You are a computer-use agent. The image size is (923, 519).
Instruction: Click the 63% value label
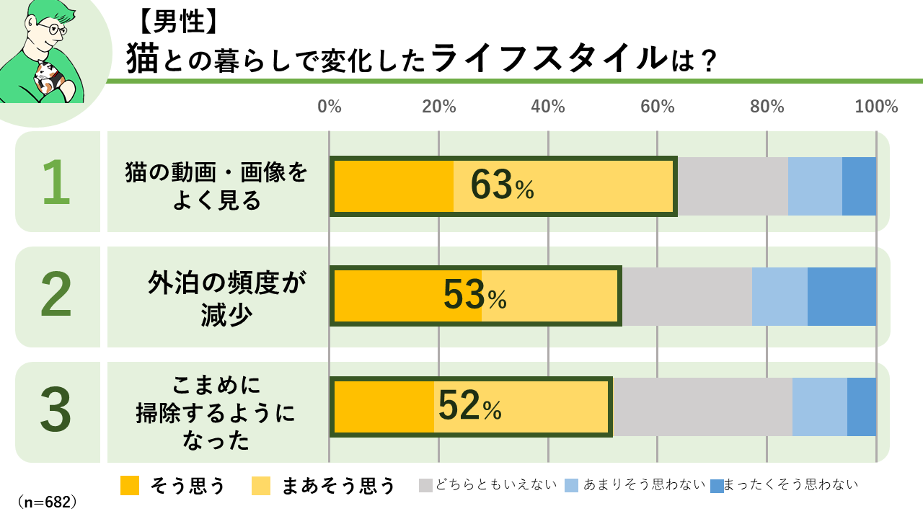click(502, 186)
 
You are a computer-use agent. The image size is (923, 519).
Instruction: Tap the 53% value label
click(474, 296)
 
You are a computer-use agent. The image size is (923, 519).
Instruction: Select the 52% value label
click(469, 407)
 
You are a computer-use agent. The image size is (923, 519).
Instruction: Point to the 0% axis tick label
click(330, 107)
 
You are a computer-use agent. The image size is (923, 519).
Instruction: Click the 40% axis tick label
click(548, 107)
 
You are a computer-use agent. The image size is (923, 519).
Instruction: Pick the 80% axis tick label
click(767, 107)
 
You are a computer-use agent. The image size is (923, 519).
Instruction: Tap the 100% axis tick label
click(876, 107)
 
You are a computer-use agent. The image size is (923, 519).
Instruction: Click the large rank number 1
click(56, 182)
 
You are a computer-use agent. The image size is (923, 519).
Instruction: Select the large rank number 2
click(56, 296)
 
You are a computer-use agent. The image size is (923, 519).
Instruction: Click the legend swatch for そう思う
click(130, 486)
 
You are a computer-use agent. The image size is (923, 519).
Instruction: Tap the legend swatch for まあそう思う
click(261, 486)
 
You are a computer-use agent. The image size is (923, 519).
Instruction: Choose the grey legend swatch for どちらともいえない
click(425, 486)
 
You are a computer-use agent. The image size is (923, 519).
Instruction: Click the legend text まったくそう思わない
click(790, 485)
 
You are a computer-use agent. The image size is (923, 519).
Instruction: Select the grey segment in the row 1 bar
click(732, 186)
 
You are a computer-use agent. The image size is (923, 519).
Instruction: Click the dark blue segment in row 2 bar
click(842, 296)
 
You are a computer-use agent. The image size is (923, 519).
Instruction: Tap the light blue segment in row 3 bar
click(819, 407)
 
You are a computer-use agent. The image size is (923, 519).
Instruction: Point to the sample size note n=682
click(47, 502)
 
